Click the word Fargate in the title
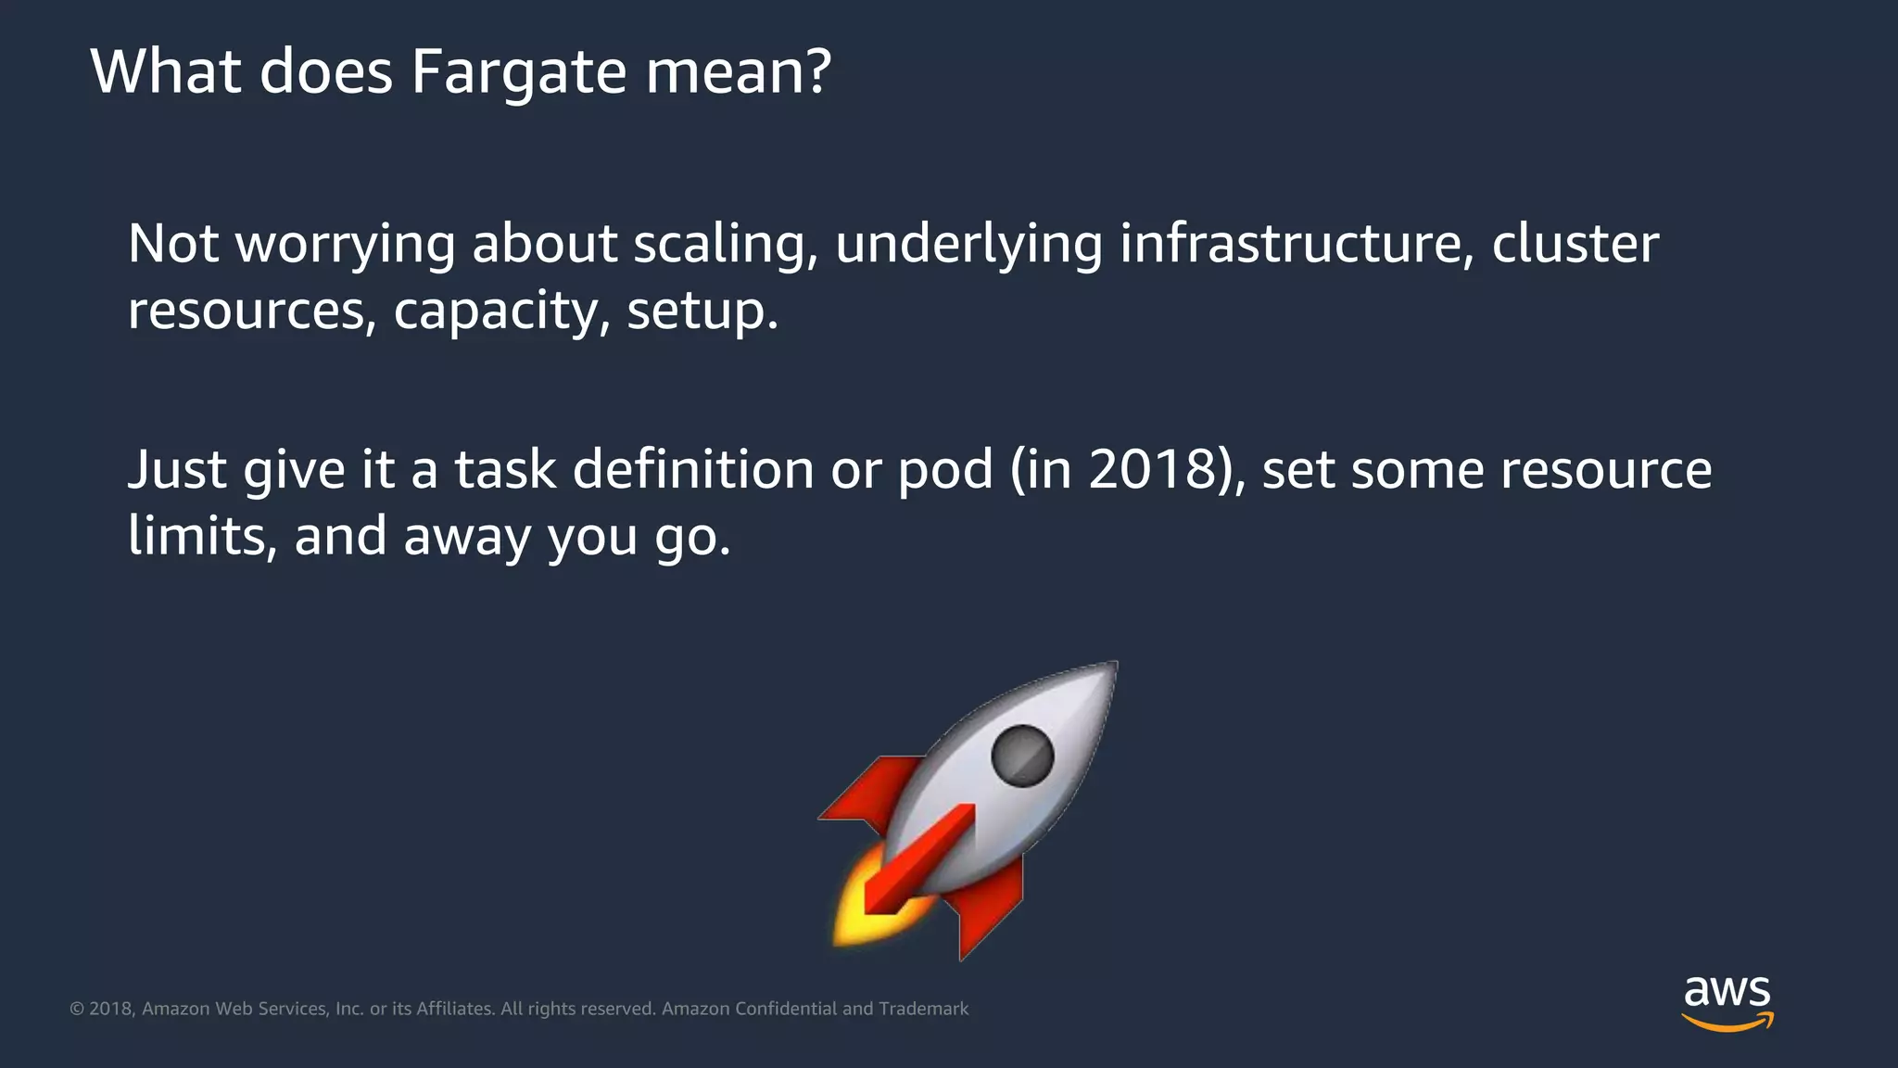coord(519,72)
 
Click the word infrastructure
coord(1297,244)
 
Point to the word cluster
coord(1575,244)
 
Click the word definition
coord(693,469)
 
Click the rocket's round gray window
coord(1022,756)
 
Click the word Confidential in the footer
coord(786,1009)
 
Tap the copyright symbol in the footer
coord(77,1009)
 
